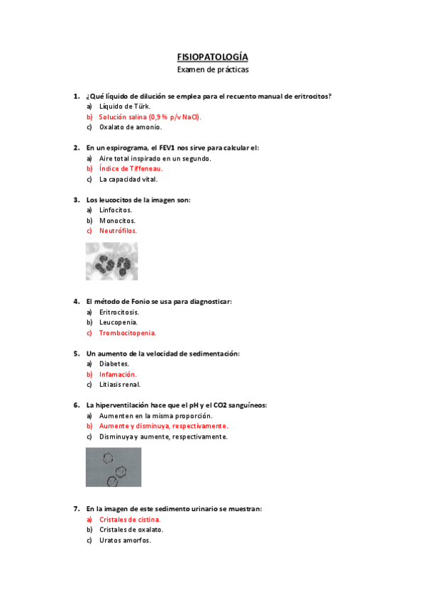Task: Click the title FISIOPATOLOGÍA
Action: tap(212, 57)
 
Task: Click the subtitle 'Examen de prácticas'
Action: tap(212, 70)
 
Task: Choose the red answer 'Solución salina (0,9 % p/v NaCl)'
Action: tap(150, 116)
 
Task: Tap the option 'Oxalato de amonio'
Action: tap(131, 127)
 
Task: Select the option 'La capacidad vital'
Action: tap(128, 179)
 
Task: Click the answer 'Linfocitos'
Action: tap(116, 210)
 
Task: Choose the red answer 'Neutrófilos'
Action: tap(118, 231)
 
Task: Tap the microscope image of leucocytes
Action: tap(111, 261)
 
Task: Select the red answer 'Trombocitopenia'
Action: tap(128, 332)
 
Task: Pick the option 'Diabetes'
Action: tap(114, 363)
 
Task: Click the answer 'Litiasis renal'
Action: tap(120, 384)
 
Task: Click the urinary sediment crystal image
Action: tap(113, 467)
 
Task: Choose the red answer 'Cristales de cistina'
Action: tap(130, 519)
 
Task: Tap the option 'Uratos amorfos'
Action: tap(125, 540)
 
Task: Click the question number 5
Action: tap(76, 353)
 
